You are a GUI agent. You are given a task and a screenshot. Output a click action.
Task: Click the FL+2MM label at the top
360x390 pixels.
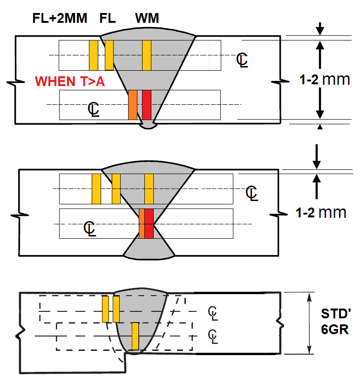click(59, 19)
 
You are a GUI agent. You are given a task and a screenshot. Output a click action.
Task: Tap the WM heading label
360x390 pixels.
click(147, 19)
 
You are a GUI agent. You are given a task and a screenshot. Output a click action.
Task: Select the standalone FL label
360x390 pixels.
click(108, 19)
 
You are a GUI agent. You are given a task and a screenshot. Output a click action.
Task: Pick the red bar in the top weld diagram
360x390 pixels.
click(147, 105)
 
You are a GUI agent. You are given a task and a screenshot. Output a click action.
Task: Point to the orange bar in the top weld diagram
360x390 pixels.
click(133, 105)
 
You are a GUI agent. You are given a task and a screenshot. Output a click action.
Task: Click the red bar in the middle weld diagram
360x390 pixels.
click(149, 224)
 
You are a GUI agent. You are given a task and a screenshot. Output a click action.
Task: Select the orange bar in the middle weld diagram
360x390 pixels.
click(142, 224)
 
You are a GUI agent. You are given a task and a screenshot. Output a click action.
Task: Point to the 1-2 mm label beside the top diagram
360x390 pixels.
click(324, 79)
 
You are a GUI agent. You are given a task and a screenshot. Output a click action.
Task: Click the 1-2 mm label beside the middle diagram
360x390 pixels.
click(321, 213)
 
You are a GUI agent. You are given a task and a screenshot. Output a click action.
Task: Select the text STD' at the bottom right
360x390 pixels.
click(334, 313)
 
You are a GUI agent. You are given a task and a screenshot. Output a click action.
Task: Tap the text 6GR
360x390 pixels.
click(334, 329)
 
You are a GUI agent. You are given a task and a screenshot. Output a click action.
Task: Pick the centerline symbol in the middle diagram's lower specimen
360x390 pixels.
click(90, 229)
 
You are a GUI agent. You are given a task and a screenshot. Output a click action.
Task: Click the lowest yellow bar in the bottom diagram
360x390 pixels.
click(135, 336)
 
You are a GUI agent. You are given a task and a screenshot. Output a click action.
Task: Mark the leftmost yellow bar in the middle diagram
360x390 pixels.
click(96, 188)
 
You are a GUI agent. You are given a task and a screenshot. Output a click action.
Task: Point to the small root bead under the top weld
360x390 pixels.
click(148, 124)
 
